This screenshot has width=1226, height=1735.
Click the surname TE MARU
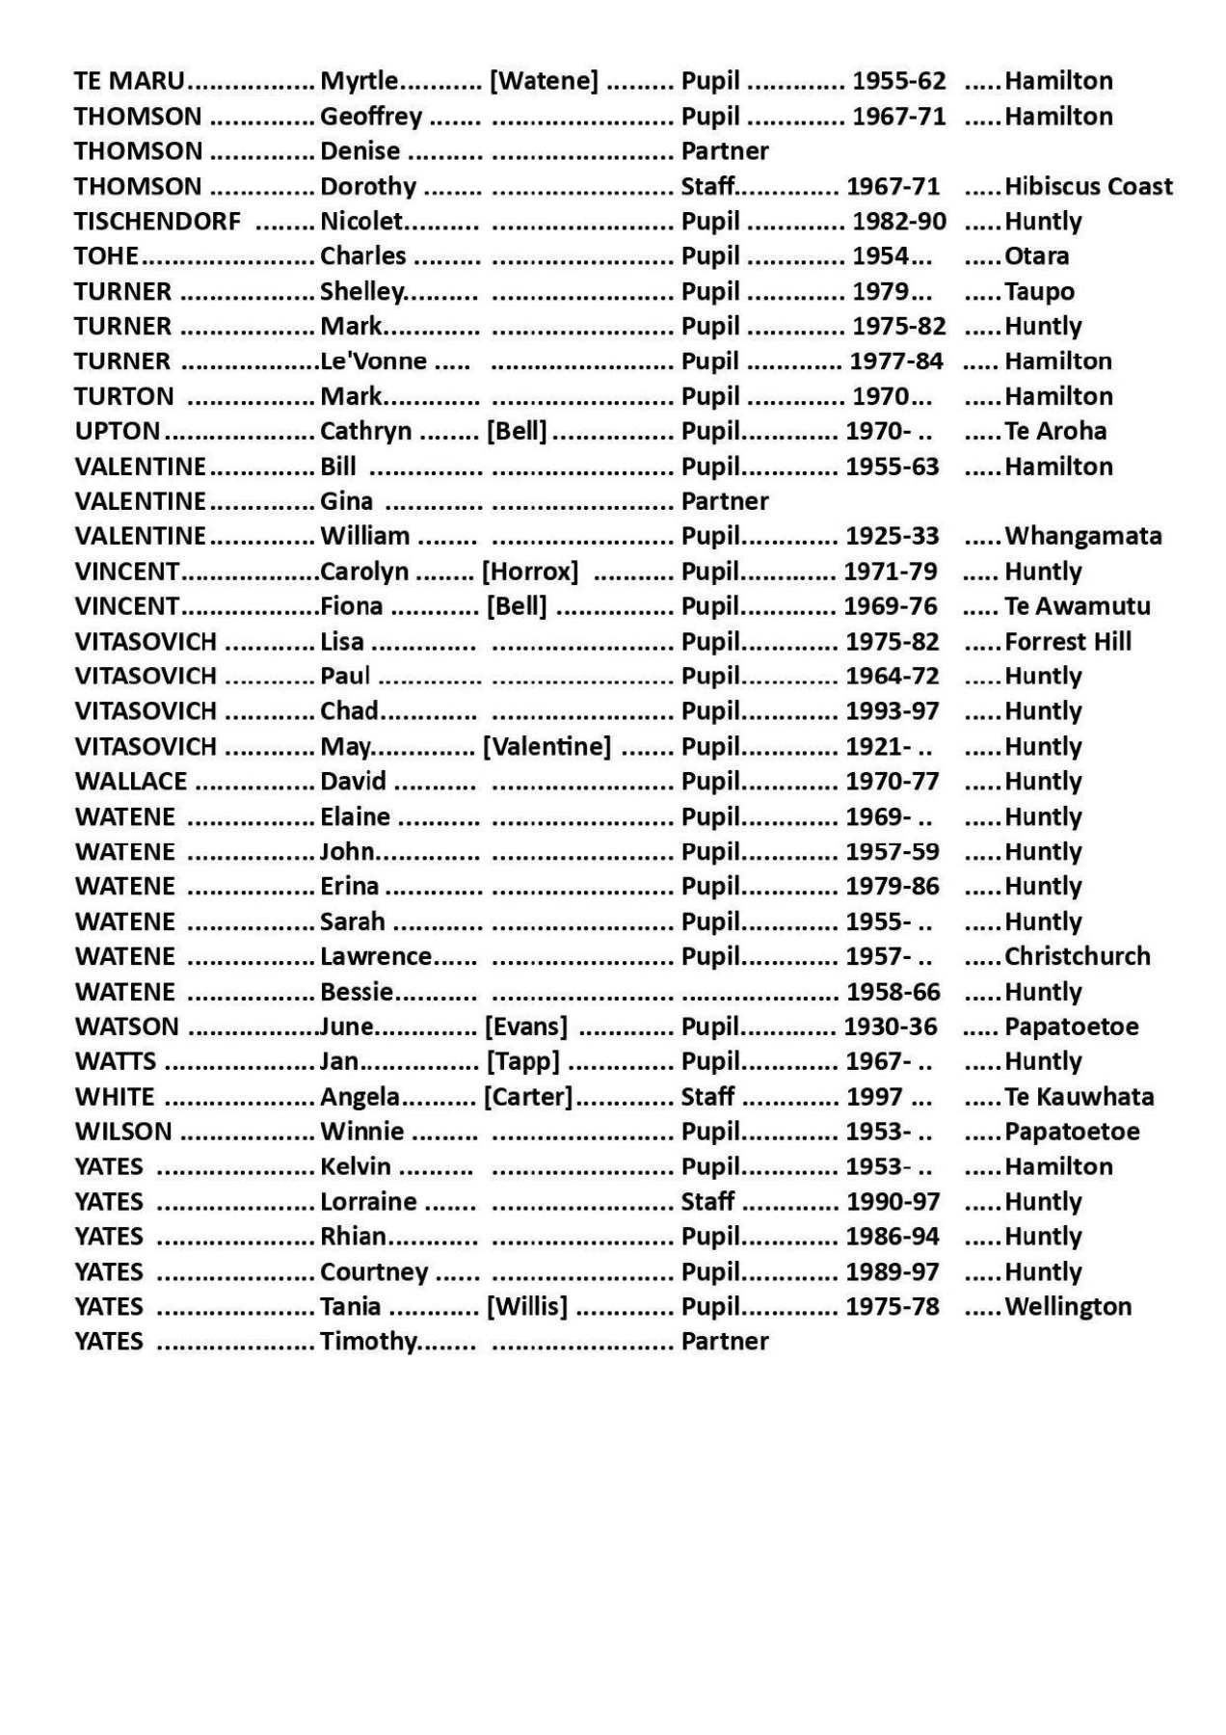(x=129, y=81)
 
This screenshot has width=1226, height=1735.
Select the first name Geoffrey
(x=371, y=117)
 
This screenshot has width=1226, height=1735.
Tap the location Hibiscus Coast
(x=1088, y=186)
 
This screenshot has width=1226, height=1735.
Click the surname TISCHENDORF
(x=157, y=222)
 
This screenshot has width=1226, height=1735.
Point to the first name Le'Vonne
(x=373, y=361)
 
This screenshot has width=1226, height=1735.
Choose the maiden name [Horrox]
(x=530, y=572)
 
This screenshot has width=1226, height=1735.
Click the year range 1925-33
(x=892, y=536)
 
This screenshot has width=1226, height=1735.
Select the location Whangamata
(x=1082, y=536)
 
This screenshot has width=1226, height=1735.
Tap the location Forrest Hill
(x=1067, y=642)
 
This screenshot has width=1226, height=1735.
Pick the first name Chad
(x=349, y=711)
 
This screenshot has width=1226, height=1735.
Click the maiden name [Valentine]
(x=546, y=746)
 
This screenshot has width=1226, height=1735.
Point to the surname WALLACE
(x=131, y=782)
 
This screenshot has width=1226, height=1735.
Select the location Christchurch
(x=1077, y=956)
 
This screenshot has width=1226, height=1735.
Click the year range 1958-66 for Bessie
(x=892, y=992)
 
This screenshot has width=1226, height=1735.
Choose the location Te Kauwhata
(x=1079, y=1097)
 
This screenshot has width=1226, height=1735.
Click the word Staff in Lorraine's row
(x=707, y=1202)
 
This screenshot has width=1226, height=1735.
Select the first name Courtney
(x=374, y=1272)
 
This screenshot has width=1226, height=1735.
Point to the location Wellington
(x=1068, y=1307)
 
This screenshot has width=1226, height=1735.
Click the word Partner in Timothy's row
(x=725, y=1342)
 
